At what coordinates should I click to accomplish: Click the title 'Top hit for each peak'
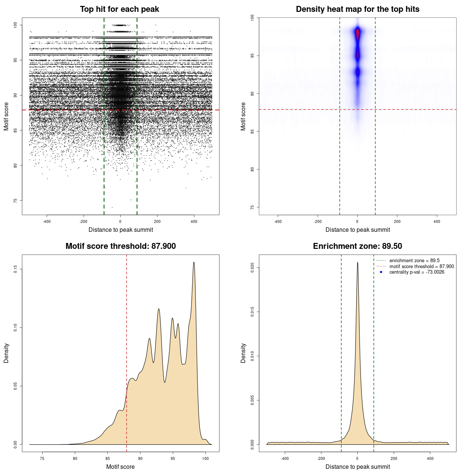pyautogui.click(x=120, y=9)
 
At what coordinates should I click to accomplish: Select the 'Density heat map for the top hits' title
pyautogui.click(x=357, y=9)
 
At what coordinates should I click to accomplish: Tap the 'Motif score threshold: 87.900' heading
pyautogui.click(x=120, y=246)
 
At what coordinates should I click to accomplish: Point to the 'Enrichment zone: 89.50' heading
pyautogui.click(x=357, y=246)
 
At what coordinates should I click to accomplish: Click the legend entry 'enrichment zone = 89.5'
pyautogui.click(x=414, y=261)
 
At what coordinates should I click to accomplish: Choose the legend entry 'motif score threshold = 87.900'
pyautogui.click(x=421, y=266)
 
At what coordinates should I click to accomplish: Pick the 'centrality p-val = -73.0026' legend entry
pyautogui.click(x=417, y=272)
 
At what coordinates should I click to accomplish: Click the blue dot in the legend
pyautogui.click(x=381, y=272)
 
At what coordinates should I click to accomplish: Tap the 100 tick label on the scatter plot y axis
pyautogui.click(x=16, y=25)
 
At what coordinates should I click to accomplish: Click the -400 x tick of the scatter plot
pyautogui.click(x=47, y=221)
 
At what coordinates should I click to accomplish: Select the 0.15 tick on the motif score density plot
pyautogui.click(x=16, y=269)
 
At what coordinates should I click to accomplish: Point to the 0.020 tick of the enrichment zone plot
pyautogui.click(x=253, y=268)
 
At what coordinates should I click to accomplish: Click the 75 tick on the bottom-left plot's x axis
pyautogui.click(x=42, y=458)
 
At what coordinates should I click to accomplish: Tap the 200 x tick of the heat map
pyautogui.click(x=397, y=221)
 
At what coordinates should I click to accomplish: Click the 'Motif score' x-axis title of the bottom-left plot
pyautogui.click(x=120, y=467)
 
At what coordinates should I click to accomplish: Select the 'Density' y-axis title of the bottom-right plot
pyautogui.click(x=243, y=353)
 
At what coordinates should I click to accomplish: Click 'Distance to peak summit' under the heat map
pyautogui.click(x=357, y=230)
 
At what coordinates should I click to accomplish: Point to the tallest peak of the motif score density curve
pyautogui.click(x=194, y=263)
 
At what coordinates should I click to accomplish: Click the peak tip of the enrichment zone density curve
pyautogui.click(x=357, y=262)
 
